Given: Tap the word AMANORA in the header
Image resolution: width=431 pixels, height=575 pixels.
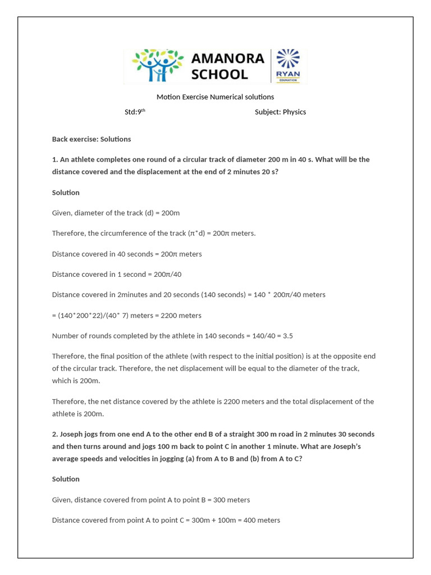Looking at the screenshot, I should pos(228,58).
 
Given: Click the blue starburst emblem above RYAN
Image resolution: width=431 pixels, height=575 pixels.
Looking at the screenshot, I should pos(288,58).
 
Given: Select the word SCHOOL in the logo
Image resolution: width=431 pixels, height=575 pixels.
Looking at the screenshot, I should pos(219,74).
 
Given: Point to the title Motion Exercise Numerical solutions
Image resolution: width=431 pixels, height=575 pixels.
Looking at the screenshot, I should pos(215,97).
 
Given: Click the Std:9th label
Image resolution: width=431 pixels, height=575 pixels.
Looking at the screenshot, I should pos(135,112).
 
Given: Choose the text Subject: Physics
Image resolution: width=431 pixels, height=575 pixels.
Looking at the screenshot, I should pos(280,112).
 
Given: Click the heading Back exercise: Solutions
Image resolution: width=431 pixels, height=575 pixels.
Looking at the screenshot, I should pos(91,139).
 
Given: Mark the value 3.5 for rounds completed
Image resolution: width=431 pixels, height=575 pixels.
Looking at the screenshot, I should pos(287,336).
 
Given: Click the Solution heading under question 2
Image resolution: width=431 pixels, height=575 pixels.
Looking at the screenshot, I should pos(66,479).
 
